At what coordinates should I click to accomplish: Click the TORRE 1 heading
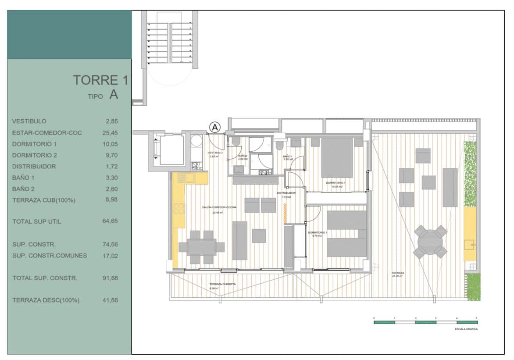(100, 80)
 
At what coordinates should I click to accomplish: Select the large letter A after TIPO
(114, 95)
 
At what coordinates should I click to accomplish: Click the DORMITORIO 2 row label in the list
(35, 155)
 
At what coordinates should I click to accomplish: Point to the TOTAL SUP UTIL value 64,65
(110, 221)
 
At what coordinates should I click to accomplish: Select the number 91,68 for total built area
(110, 278)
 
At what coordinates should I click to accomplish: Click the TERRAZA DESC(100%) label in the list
(46, 300)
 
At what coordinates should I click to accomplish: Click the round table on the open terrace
(430, 242)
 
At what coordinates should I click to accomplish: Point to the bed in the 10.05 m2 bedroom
(337, 157)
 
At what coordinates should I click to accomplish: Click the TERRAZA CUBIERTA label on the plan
(222, 284)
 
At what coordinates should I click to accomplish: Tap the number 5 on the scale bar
(477, 317)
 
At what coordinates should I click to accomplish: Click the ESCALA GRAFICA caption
(466, 329)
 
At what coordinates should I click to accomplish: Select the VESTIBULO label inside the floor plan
(215, 153)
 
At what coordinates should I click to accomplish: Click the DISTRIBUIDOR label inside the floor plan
(286, 193)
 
